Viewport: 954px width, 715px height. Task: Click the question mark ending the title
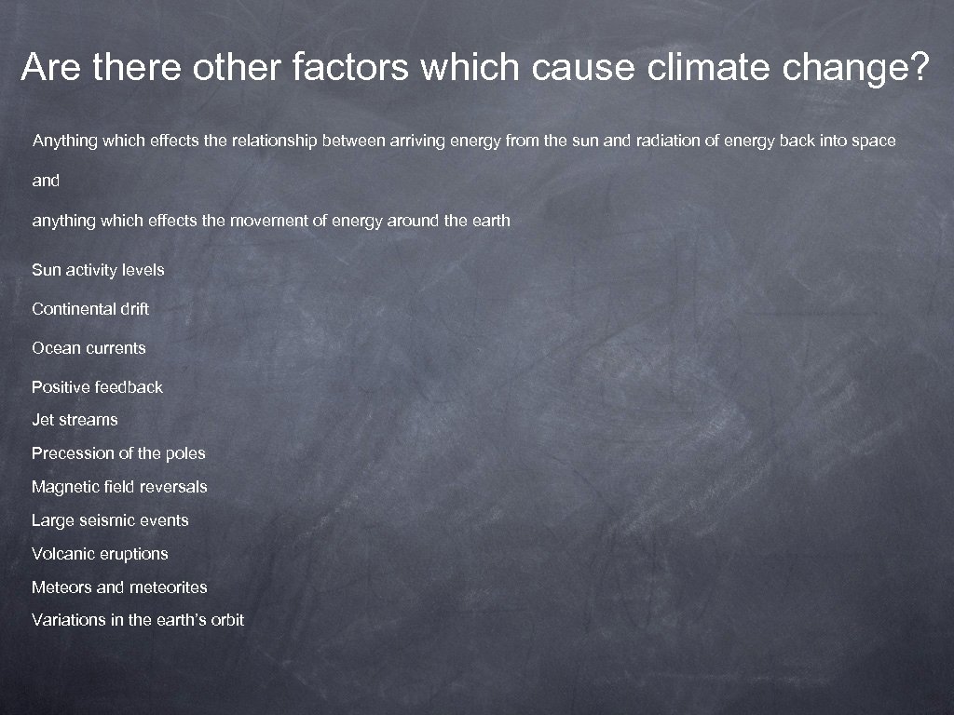coord(919,67)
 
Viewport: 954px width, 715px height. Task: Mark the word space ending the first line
coord(874,142)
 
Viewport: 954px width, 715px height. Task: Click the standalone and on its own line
coord(46,181)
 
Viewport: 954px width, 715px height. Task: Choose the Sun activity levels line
coord(98,270)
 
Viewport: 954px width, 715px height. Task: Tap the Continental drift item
coord(90,308)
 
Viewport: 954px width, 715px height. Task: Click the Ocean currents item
coord(89,348)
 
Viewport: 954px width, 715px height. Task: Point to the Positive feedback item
coord(97,387)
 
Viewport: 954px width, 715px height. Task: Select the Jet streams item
coord(75,420)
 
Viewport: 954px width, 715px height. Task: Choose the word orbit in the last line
coord(226,620)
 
